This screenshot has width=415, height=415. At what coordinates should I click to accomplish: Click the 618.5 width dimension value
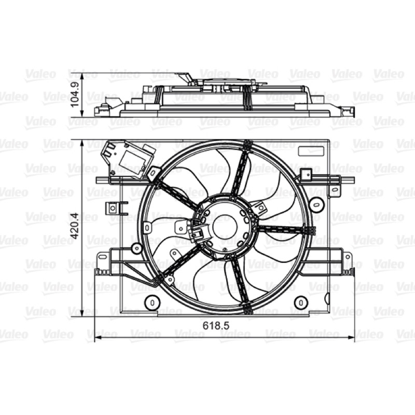click(216, 326)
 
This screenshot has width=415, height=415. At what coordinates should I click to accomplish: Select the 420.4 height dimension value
click(76, 226)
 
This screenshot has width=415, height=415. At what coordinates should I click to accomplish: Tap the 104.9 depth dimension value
click(76, 94)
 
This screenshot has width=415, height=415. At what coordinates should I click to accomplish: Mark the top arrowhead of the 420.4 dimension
click(82, 144)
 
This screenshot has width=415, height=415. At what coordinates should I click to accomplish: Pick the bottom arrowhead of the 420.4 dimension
click(82, 312)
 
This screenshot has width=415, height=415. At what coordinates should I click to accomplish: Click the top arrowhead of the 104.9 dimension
click(82, 76)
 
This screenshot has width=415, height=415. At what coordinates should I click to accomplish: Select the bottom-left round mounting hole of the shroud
click(152, 302)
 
